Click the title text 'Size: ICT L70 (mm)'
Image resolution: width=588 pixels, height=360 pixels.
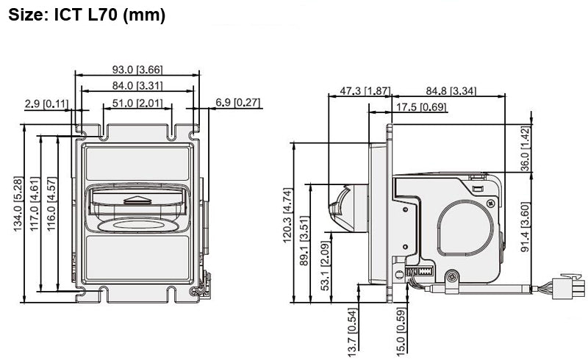(86, 15)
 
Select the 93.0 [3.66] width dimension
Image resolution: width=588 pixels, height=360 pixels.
(137, 70)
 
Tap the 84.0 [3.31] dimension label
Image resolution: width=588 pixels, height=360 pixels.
(137, 87)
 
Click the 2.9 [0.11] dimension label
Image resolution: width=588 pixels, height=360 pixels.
(46, 104)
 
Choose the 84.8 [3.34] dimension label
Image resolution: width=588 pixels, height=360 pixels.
(451, 90)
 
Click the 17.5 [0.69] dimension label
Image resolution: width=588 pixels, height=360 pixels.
(421, 107)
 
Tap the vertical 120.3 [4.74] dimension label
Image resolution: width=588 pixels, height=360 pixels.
(287, 215)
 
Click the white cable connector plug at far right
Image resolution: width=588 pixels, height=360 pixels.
(568, 285)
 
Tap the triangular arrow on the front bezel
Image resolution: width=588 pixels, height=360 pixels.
(138, 200)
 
